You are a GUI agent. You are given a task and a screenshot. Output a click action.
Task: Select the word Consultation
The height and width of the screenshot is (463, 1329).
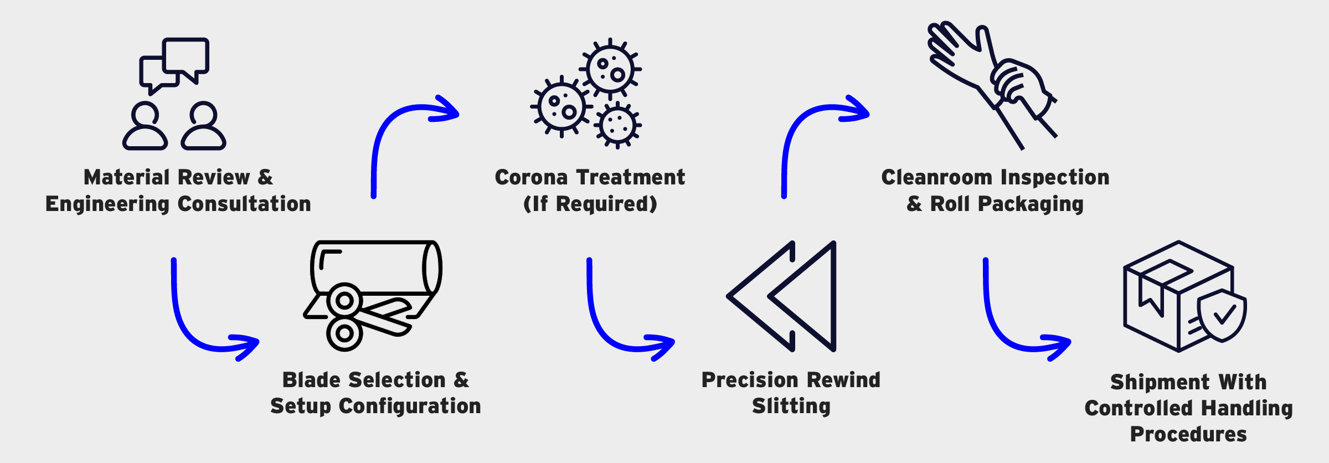pyautogui.click(x=244, y=204)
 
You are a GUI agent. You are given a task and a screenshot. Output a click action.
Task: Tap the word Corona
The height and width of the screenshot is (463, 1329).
pyautogui.click(x=532, y=178)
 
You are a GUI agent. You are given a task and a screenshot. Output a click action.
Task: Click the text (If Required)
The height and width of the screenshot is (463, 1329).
pyautogui.click(x=590, y=204)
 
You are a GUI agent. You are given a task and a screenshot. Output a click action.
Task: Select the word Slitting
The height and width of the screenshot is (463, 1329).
pyautogui.click(x=791, y=407)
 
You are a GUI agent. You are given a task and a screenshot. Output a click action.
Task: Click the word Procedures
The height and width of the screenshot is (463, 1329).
pyautogui.click(x=1188, y=435)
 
